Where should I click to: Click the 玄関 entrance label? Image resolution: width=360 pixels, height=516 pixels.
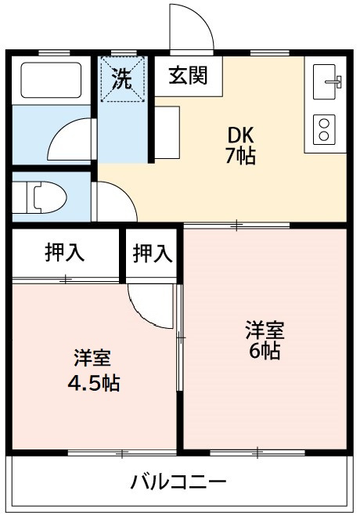pos(188,75)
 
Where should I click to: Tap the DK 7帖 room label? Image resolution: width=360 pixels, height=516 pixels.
pos(241,145)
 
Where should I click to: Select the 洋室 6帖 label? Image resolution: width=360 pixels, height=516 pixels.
pos(265,340)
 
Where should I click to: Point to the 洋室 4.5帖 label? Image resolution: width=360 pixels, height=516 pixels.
pos(94,370)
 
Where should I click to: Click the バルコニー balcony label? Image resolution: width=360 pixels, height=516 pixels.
pos(178,482)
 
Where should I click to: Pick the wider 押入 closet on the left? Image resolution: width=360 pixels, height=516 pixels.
pos(66,253)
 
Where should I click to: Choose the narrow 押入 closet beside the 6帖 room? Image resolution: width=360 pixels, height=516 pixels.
pos(152,253)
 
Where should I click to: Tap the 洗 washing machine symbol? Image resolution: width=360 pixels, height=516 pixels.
pos(122,79)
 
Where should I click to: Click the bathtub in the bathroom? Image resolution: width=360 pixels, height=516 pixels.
pos(51,80)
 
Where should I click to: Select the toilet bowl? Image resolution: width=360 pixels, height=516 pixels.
pos(46,197)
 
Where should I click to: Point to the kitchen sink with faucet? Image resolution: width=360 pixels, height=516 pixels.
pos(327,81)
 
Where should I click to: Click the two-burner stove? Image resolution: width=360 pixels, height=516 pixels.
pos(324,130)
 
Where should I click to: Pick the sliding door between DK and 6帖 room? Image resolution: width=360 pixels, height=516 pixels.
pos(236,226)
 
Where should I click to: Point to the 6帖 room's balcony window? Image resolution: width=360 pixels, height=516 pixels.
pos(257,452)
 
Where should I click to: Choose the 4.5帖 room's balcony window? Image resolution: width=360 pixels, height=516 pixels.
pos(122,453)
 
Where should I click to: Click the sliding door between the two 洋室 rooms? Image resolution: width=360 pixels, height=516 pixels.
pos(180,337)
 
